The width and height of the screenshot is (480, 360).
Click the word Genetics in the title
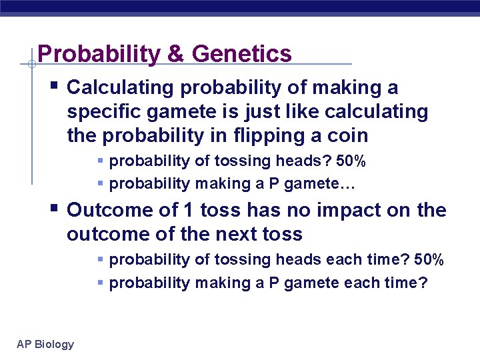[243, 54]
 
